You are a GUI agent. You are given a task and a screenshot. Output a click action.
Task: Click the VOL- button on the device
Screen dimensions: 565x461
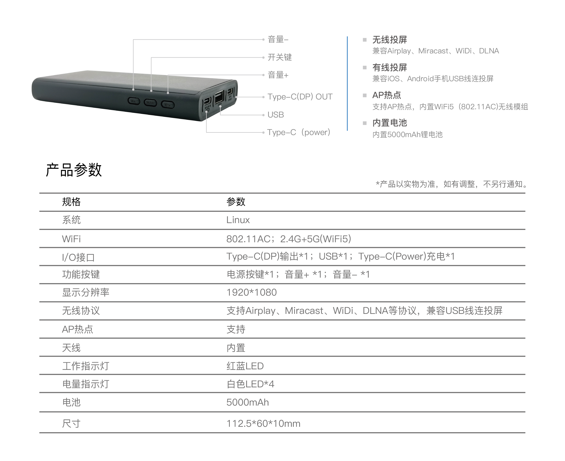[x=134, y=101]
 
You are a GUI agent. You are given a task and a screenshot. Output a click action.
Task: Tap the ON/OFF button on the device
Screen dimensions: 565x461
[x=150, y=103]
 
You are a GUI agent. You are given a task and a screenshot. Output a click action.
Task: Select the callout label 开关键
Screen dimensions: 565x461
[x=279, y=57]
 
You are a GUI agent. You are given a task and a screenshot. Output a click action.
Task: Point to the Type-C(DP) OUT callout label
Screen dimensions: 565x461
[x=300, y=97]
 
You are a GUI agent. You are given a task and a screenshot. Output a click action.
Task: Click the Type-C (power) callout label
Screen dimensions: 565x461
[x=299, y=132]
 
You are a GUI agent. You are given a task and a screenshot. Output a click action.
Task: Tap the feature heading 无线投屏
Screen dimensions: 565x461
[x=389, y=40]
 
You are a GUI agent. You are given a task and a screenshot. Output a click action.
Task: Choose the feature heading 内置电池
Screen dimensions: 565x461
[x=389, y=123]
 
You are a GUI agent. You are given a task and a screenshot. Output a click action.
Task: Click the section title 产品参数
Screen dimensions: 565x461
[x=74, y=170]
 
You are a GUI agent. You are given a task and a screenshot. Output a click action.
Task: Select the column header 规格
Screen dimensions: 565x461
[x=71, y=202]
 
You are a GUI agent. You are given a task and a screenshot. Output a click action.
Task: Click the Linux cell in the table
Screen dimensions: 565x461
[x=238, y=220]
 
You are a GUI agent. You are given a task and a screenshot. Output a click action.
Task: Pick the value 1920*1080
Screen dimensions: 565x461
[x=251, y=292]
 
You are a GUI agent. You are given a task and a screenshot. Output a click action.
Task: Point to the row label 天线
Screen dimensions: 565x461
[x=71, y=348]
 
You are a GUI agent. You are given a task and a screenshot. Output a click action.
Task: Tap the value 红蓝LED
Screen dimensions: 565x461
[x=245, y=366]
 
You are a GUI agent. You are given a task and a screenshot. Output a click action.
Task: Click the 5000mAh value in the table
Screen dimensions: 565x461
[x=247, y=402]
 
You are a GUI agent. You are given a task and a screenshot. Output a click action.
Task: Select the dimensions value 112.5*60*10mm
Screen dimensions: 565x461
[x=263, y=424]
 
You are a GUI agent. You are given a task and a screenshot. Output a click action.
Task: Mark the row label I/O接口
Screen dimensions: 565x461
[x=78, y=257]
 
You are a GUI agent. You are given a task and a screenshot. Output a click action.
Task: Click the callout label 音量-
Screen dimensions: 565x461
[x=278, y=39]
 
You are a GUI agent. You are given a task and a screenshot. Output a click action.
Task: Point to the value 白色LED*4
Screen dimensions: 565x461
[x=250, y=384]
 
